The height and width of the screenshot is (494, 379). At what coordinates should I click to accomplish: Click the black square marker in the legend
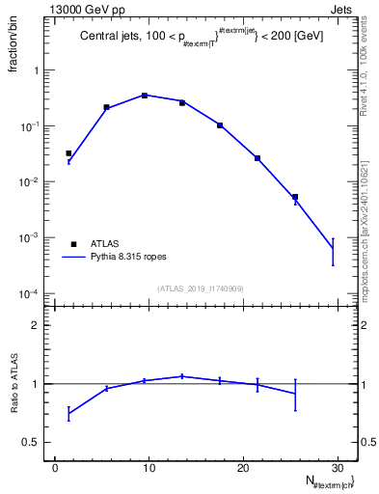(73, 244)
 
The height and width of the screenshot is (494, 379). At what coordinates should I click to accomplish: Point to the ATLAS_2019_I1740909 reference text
(201, 288)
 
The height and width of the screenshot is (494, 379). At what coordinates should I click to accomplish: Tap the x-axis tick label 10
(149, 468)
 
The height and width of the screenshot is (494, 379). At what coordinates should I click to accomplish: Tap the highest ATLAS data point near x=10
(145, 96)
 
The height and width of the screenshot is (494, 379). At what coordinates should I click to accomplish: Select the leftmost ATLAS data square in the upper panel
(68, 153)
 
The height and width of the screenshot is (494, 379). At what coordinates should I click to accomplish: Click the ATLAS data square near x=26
(295, 197)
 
